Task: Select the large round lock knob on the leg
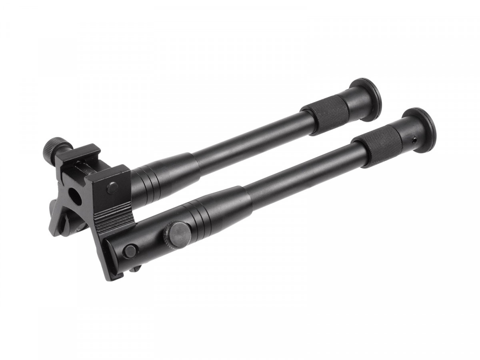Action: point(178,234)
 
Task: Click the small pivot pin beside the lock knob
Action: point(130,251)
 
